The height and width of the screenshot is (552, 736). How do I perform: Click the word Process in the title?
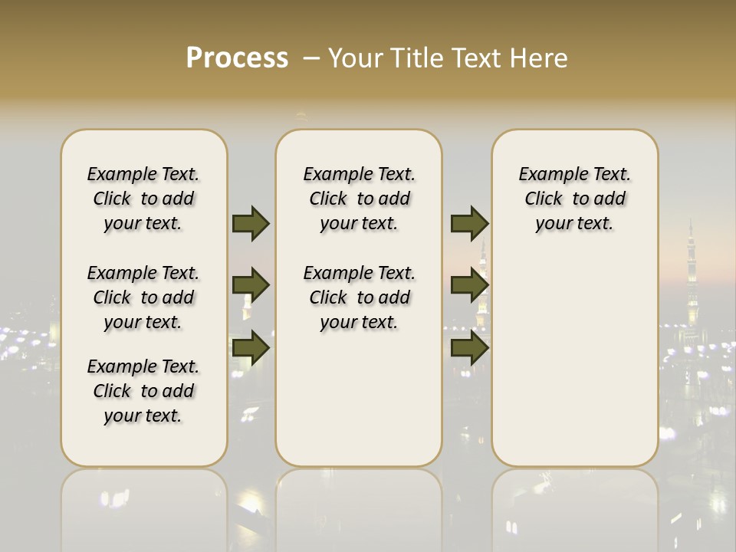coord(237,58)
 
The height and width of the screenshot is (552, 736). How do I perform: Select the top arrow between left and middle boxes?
coord(251,224)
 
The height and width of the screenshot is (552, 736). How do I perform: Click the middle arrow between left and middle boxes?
coord(251,286)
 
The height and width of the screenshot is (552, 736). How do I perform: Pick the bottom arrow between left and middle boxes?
coord(251,348)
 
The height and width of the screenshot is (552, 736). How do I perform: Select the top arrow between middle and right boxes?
coord(469,224)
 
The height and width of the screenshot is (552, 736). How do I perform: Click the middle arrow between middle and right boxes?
coord(469,286)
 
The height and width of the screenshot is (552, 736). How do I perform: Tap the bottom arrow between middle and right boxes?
coord(469,348)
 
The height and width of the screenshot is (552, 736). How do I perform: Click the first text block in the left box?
coord(143,199)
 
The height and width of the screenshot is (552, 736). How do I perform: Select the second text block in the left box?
coord(143,297)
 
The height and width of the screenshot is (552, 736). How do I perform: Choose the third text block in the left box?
coord(143,391)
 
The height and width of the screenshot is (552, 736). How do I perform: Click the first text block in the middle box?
coord(359,199)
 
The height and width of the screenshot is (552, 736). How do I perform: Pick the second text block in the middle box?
coord(359,297)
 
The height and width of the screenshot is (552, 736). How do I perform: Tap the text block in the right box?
coord(575,199)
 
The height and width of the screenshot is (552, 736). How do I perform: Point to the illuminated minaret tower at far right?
coord(692,276)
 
